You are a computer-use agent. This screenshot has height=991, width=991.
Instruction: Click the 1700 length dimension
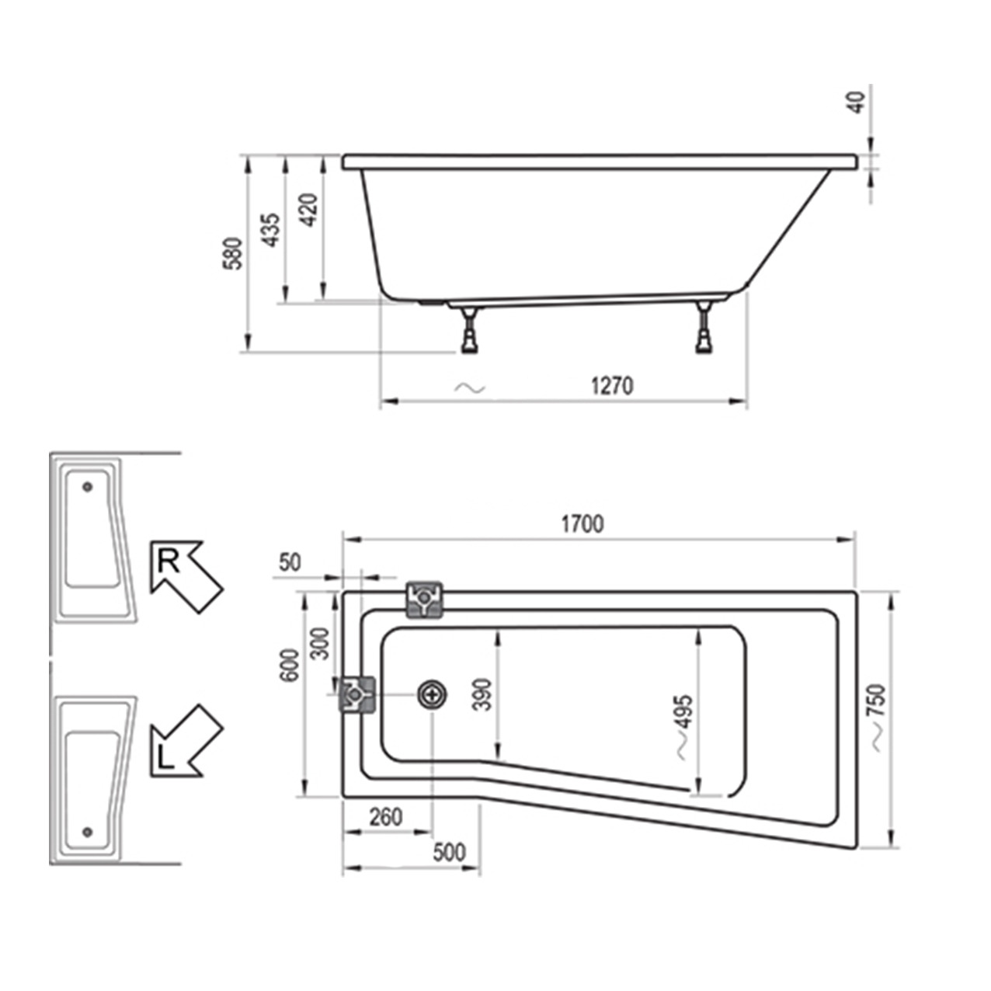[582, 524]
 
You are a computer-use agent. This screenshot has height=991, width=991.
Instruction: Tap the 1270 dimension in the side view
[612, 385]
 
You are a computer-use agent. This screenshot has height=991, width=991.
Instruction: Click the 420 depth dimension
[308, 210]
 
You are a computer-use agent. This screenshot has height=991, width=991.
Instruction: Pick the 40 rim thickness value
[856, 102]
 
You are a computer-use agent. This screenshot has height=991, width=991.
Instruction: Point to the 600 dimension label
[289, 665]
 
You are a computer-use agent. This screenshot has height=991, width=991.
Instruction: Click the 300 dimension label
[320, 642]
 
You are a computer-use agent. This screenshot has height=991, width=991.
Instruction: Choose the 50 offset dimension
[289, 562]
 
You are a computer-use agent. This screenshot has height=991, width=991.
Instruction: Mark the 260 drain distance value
[385, 816]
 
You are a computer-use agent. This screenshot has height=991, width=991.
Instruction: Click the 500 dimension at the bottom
[449, 852]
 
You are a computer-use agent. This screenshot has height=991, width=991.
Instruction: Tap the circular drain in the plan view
[432, 694]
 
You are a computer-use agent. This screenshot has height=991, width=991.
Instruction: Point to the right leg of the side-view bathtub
[704, 329]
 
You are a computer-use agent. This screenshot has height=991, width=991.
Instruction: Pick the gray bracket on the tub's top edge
[425, 600]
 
